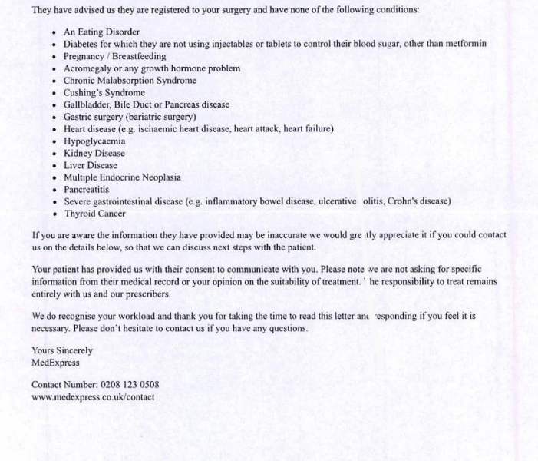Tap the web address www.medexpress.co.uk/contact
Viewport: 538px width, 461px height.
coord(93,396)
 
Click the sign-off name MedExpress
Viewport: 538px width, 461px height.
coord(55,362)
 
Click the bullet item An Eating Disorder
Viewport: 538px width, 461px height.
coord(101,32)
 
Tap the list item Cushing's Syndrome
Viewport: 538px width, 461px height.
coord(104,93)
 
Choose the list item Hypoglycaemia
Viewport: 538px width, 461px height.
coord(94,141)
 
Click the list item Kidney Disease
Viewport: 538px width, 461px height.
coord(94,153)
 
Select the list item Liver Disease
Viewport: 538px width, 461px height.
coord(91,165)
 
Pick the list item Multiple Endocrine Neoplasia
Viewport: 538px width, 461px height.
coord(122,177)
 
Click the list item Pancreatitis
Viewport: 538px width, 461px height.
coord(86,189)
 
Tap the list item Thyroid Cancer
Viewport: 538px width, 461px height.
coord(94,214)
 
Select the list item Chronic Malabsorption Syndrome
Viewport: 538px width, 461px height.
coord(130,81)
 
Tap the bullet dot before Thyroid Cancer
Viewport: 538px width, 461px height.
coord(54,214)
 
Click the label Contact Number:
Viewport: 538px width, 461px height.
coord(64,384)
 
